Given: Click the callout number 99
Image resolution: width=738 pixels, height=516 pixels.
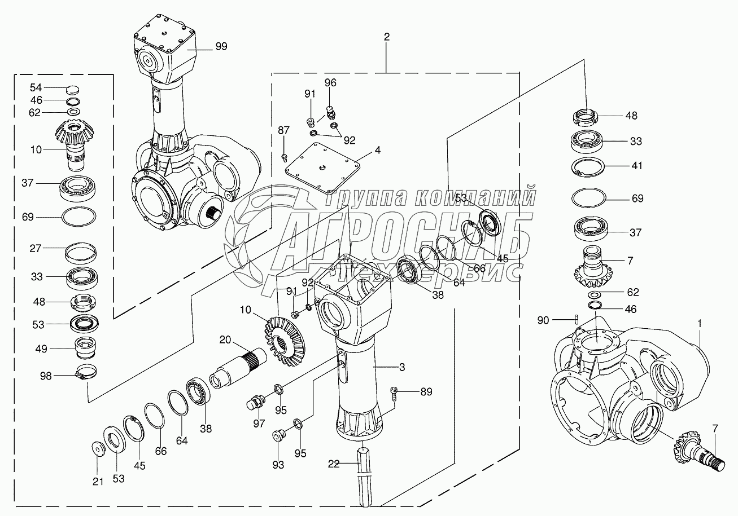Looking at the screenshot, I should click(x=221, y=47).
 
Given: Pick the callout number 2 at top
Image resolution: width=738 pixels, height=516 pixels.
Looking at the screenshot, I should click(x=386, y=37).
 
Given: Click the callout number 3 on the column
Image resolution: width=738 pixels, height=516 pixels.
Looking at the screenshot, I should click(x=402, y=368).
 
